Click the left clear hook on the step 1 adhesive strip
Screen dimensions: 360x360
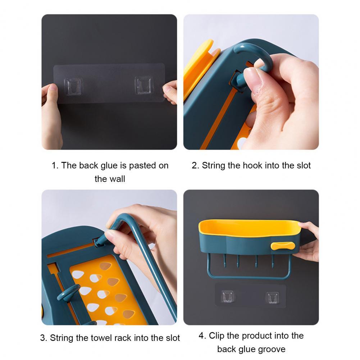click(73, 86)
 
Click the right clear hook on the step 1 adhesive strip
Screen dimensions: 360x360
click(144, 85)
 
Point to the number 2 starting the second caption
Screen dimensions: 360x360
click(195, 165)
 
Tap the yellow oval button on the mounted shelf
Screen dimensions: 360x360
click(283, 246)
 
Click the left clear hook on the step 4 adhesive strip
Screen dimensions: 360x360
click(228, 296)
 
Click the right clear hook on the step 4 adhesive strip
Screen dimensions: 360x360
click(272, 297)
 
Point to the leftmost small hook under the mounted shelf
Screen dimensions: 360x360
click(225, 261)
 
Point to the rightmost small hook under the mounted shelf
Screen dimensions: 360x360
click(273, 261)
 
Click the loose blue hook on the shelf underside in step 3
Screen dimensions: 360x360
click(68, 293)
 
